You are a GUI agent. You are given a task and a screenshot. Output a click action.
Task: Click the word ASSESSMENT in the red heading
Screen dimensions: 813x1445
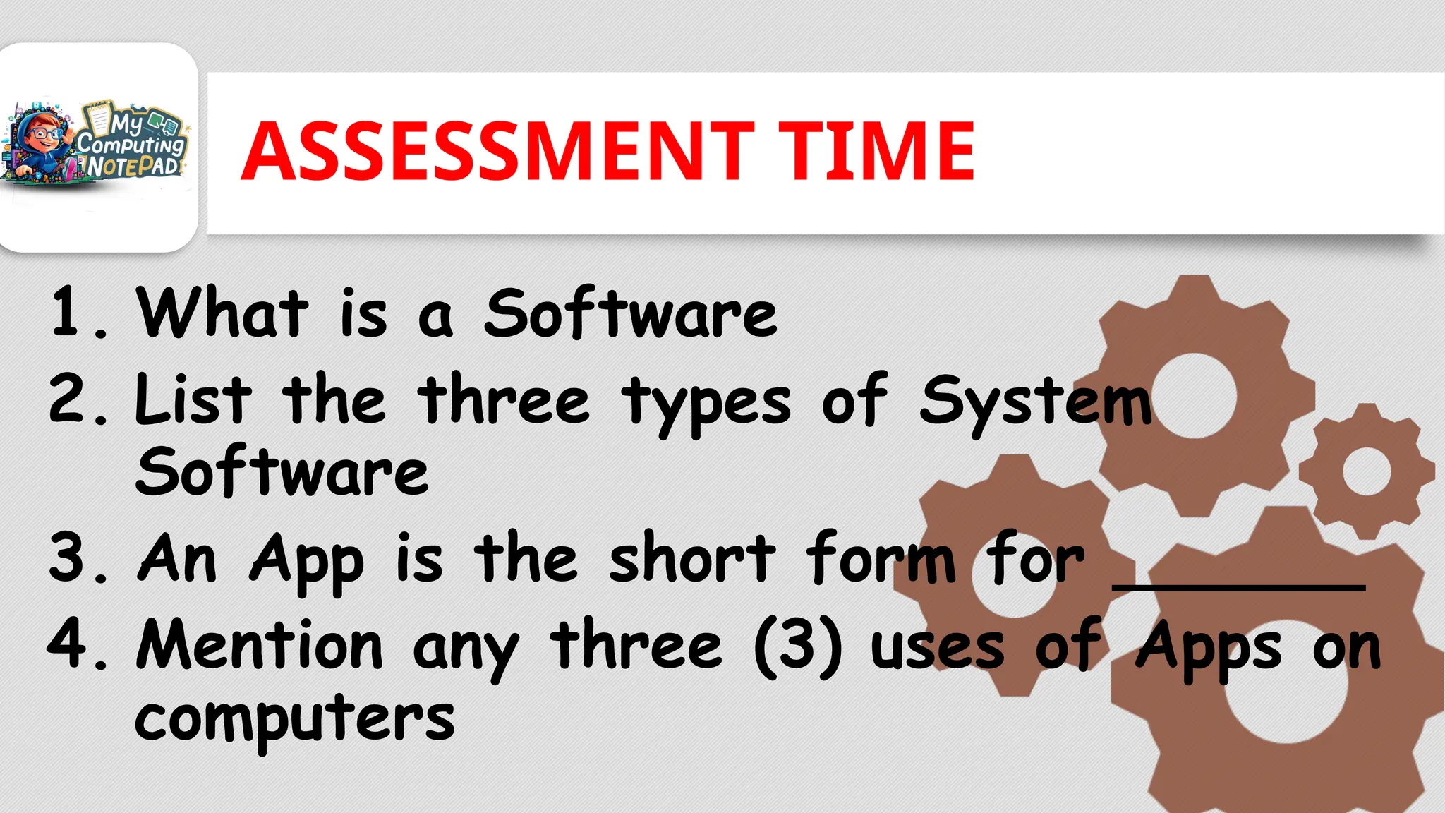497,151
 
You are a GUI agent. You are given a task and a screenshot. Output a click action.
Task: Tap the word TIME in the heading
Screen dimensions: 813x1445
876,151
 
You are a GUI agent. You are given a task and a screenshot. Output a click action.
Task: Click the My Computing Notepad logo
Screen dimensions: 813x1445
97,145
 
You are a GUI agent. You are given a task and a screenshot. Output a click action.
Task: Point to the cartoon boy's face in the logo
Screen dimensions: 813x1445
44,134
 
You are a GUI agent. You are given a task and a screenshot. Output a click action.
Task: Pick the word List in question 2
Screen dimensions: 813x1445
193,399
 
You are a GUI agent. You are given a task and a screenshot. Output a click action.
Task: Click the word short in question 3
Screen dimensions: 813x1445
692,558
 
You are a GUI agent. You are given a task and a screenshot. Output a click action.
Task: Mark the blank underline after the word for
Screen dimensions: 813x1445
1238,585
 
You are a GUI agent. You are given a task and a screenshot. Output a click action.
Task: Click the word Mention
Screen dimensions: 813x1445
260,645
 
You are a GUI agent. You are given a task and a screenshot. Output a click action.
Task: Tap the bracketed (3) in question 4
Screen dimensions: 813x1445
798,645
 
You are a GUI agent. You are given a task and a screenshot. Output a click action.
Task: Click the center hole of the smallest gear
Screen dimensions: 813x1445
1366,471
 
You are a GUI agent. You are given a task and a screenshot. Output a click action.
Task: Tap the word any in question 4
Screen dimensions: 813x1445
466,649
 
